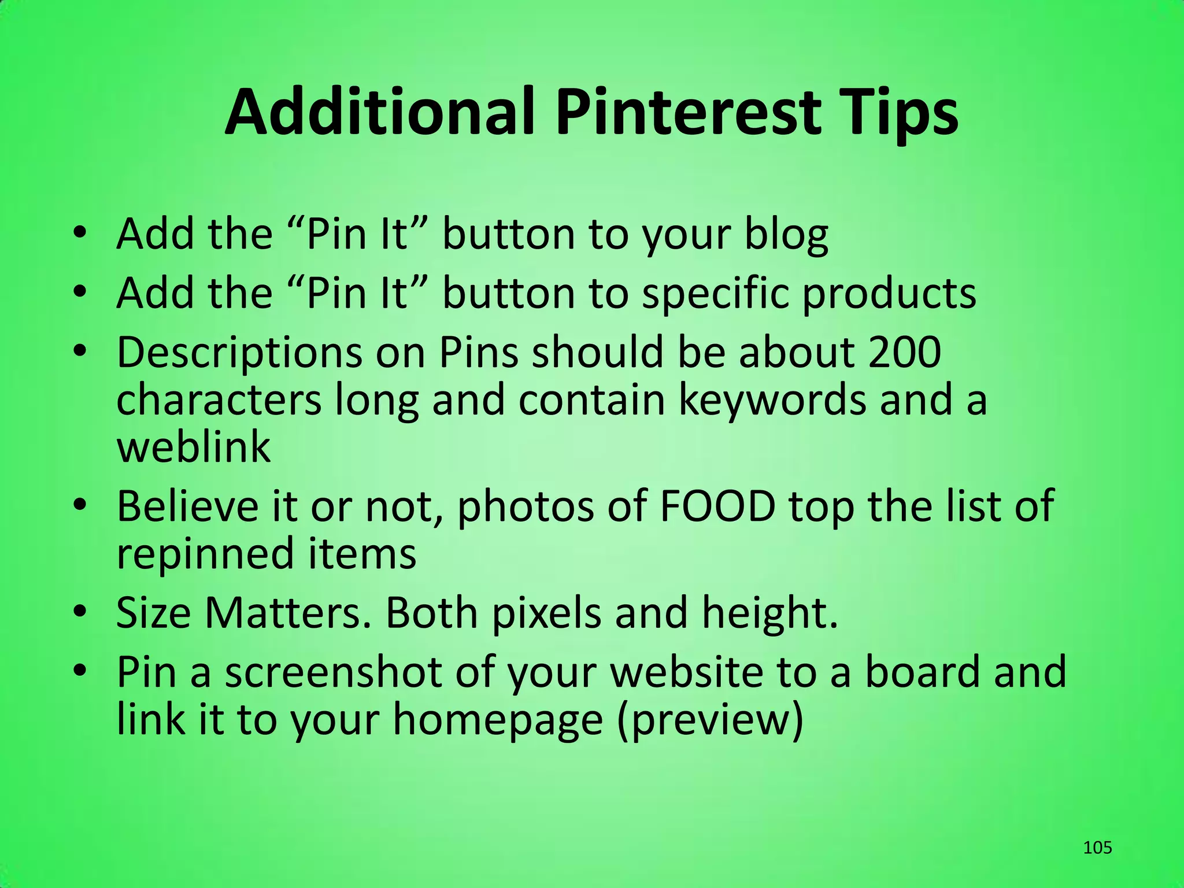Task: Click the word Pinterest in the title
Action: pos(687,112)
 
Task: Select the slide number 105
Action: pos(1097,848)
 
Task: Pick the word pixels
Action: pos(546,613)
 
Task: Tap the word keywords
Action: pos(772,400)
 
